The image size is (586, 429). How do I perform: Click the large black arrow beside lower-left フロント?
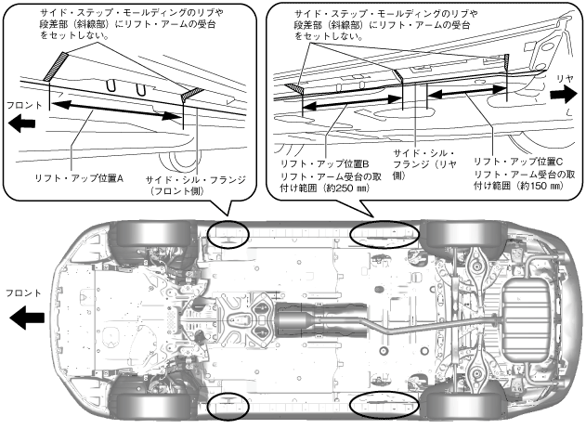(27, 319)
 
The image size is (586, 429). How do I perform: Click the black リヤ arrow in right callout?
(564, 92)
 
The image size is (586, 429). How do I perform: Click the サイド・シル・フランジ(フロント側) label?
(190, 183)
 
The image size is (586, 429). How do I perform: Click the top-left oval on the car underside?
(227, 233)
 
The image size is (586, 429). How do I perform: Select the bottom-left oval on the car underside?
(227, 405)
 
